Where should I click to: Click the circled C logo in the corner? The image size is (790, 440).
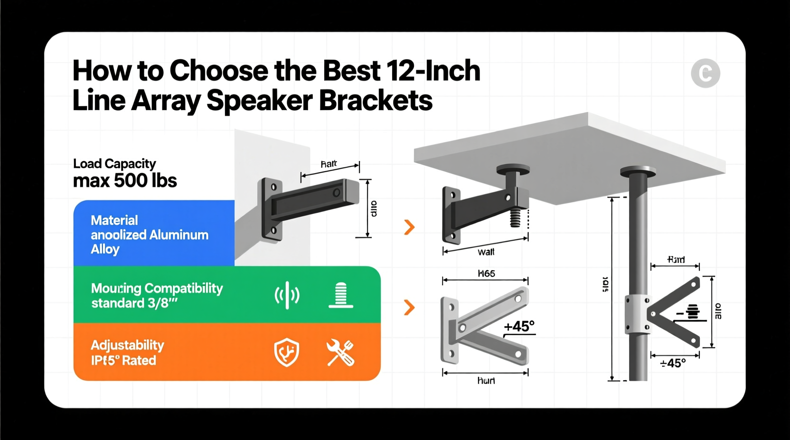coord(705,73)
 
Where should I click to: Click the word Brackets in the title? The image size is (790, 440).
coord(376,101)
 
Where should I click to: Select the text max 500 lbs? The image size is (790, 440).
coord(125,181)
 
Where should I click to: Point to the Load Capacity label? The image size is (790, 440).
coord(114,164)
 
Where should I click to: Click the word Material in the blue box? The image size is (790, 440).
coord(114,220)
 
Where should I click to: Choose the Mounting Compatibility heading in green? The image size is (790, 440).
coord(157,288)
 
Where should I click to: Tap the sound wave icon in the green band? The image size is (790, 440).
coord(287,295)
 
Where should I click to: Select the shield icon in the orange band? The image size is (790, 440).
coord(287,353)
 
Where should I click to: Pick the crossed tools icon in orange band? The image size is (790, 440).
coord(340,353)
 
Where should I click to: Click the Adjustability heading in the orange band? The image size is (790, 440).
coord(127,345)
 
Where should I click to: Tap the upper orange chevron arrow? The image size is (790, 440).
coord(409,227)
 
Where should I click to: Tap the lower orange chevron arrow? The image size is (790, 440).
coord(409,307)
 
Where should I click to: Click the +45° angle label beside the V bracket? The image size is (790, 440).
coord(519,326)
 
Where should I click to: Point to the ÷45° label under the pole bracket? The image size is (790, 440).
coord(673,363)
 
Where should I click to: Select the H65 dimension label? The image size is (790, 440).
coord(486,274)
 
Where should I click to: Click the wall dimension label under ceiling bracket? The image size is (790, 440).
coord(486,252)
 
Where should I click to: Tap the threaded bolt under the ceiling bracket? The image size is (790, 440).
coord(516,218)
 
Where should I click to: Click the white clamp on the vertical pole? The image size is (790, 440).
coord(637,314)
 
